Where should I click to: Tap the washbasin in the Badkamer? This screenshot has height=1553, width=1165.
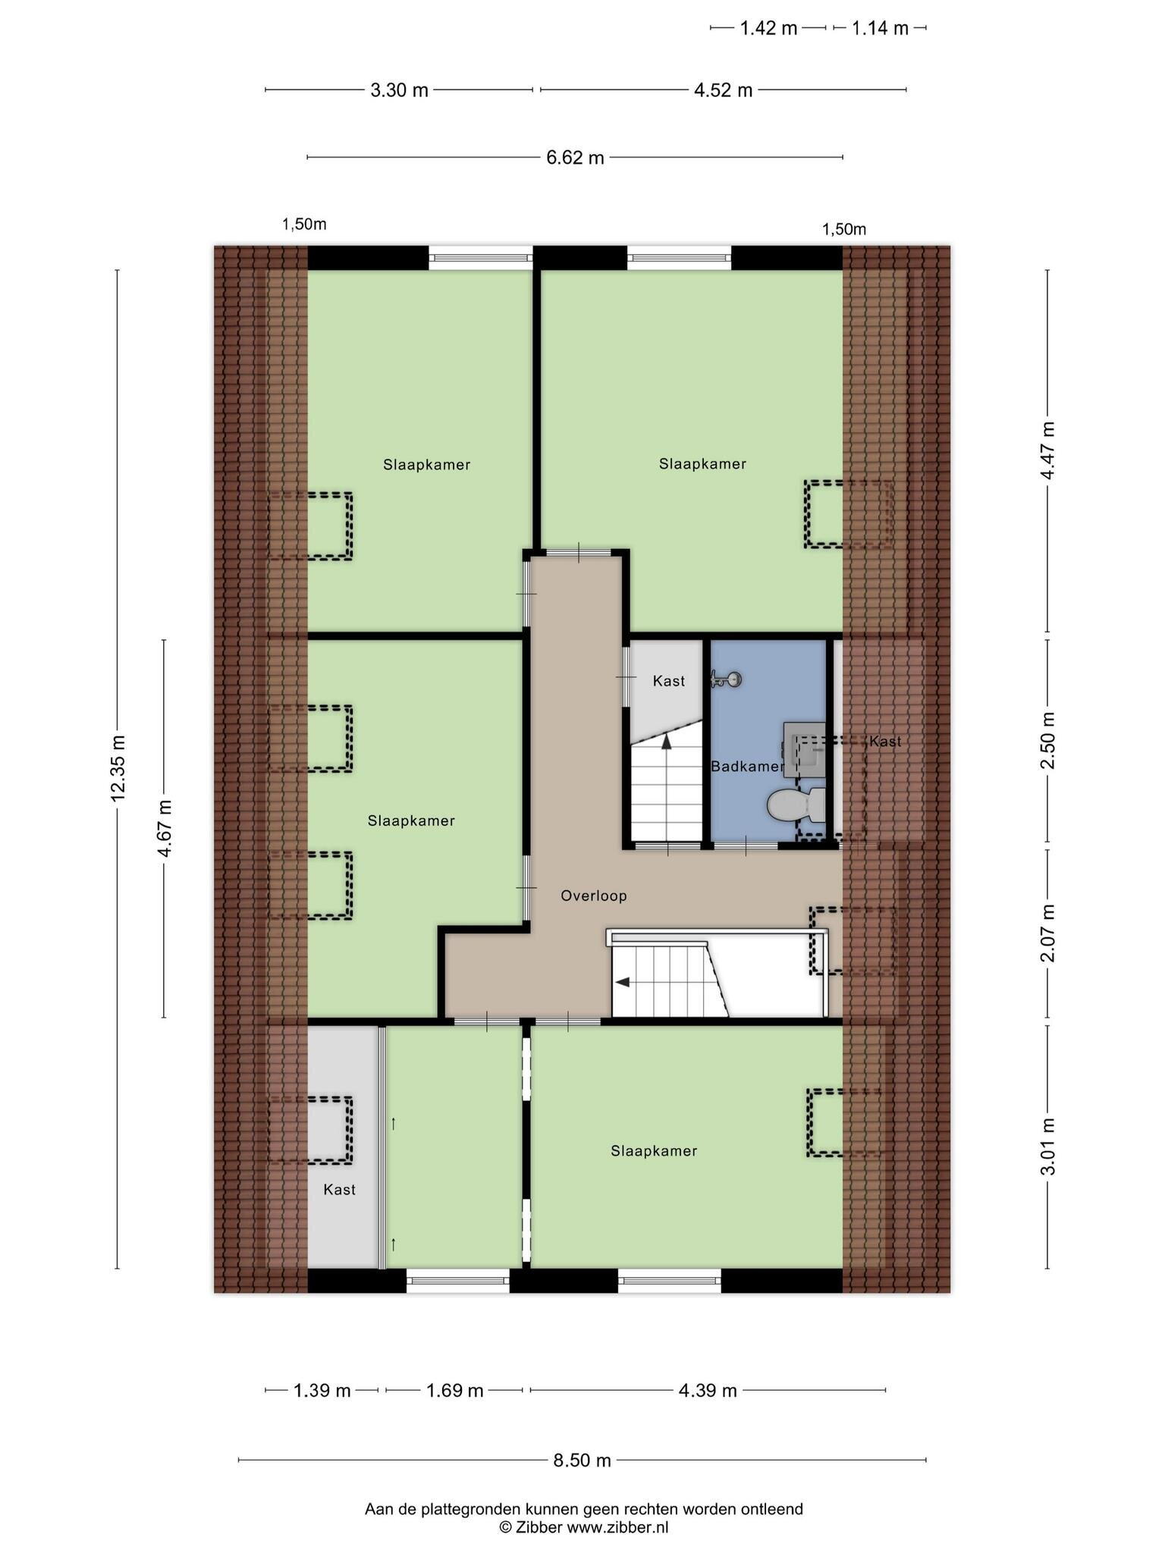(x=805, y=749)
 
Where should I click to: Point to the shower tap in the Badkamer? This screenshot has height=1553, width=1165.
(x=726, y=679)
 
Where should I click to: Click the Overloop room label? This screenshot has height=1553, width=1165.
(x=594, y=896)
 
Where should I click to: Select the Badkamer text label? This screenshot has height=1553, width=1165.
(x=747, y=767)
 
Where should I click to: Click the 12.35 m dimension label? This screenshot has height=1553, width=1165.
(x=118, y=767)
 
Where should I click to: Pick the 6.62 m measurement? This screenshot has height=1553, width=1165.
(x=575, y=158)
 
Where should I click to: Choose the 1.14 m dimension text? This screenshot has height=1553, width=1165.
(x=880, y=28)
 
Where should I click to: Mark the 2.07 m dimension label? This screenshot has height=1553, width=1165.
(x=1047, y=933)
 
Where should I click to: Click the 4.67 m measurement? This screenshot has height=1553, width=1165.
(x=165, y=828)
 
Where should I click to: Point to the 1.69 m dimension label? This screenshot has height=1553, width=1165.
(x=454, y=1390)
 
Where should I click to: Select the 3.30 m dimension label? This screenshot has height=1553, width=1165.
(x=399, y=90)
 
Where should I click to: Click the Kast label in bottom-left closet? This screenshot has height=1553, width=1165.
(x=340, y=1190)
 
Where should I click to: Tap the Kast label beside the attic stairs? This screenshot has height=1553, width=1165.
(x=669, y=681)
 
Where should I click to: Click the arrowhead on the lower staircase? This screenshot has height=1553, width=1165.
(x=623, y=983)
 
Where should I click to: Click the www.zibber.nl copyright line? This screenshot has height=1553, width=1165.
(x=583, y=1527)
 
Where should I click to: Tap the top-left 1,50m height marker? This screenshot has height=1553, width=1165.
(x=304, y=224)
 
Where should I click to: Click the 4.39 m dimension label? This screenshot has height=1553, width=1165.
(x=708, y=1390)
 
